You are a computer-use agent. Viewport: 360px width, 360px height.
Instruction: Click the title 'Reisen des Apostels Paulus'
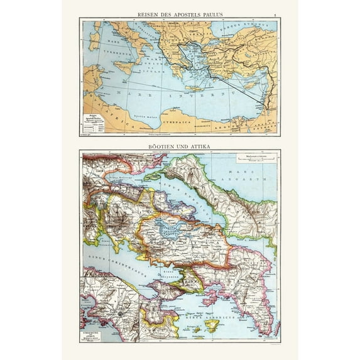180,14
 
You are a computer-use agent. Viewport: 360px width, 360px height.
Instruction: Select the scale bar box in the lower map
253,160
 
